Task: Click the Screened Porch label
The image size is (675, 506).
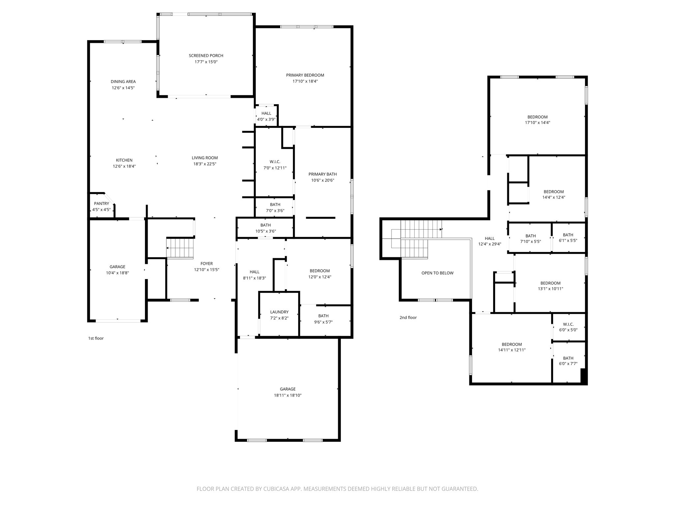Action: [x=206, y=56]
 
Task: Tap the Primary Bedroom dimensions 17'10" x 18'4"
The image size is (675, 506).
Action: [x=305, y=81]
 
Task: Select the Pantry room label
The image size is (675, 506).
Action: [x=101, y=204]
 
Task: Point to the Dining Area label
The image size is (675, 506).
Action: [x=123, y=82]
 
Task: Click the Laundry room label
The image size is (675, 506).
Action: [x=279, y=312]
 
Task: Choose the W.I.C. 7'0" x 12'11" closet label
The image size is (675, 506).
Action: [x=275, y=162]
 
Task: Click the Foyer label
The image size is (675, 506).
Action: [x=206, y=264]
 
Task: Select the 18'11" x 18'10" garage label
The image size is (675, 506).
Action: [x=288, y=395]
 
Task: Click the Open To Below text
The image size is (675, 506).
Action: [x=437, y=273]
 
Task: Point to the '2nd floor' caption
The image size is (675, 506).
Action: [x=408, y=318]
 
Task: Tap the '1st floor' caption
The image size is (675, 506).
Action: [x=96, y=338]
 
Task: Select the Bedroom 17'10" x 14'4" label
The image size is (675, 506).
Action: [x=537, y=117]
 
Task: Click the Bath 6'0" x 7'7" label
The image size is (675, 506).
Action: [x=568, y=358]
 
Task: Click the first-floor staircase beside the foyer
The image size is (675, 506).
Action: [x=180, y=248]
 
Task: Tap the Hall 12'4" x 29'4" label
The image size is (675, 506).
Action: [x=489, y=239]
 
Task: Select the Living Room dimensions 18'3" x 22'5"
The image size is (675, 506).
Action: [x=205, y=164]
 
